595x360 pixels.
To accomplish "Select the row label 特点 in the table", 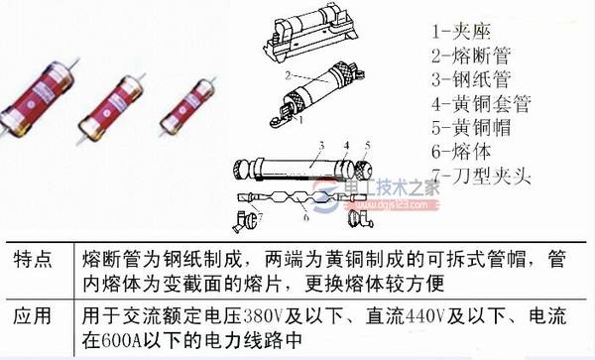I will [36, 261].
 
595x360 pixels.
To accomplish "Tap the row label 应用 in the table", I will [36, 319].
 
